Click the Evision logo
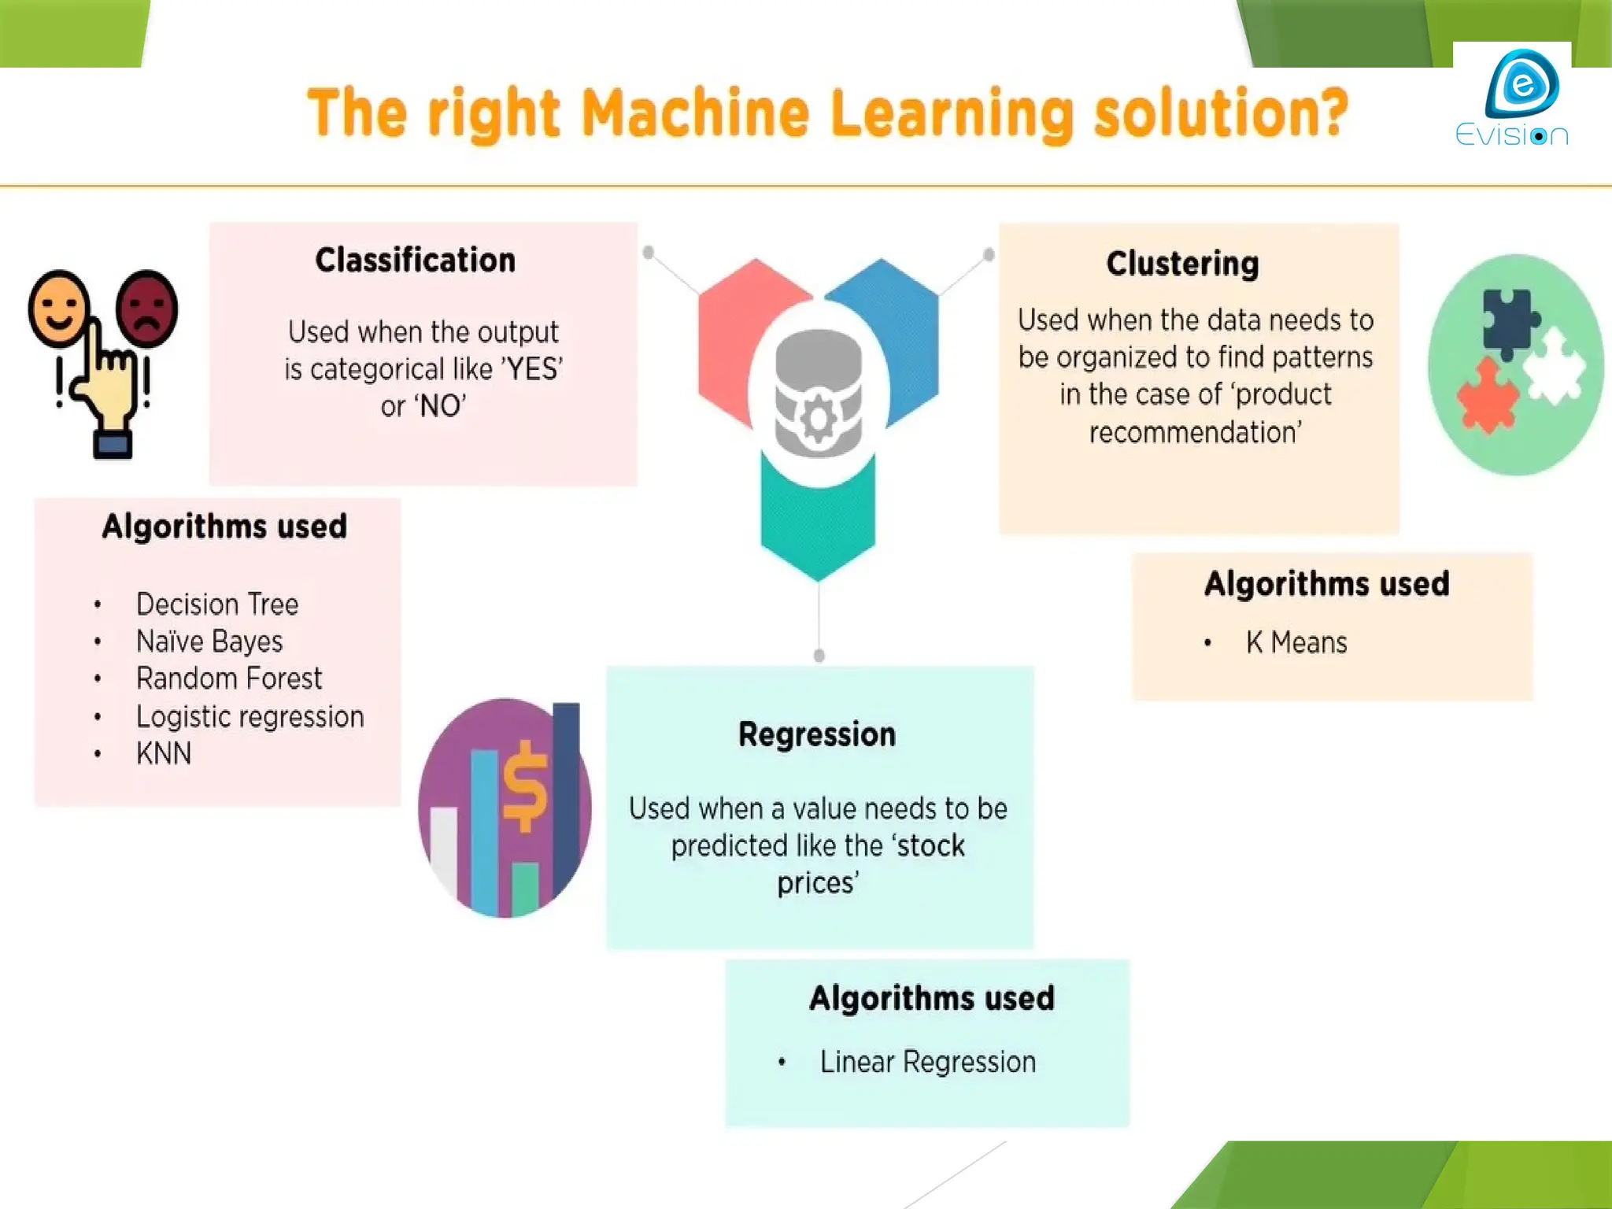tap(1512, 98)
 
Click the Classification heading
tap(416, 261)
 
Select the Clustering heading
tap(1182, 264)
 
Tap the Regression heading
tap(817, 734)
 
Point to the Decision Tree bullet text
tap(217, 604)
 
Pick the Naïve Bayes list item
tap(209, 641)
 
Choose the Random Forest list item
tap(229, 678)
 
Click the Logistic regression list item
tap(250, 716)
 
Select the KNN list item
tap(164, 754)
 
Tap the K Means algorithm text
tap(1296, 643)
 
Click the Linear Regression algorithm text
tap(928, 1062)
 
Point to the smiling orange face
tap(57, 308)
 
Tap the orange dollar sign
tap(525, 787)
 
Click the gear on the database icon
tap(819, 418)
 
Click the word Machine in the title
tap(696, 114)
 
